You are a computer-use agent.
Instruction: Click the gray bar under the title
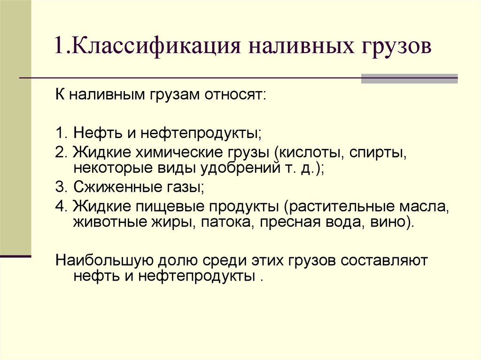point(409,78)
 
